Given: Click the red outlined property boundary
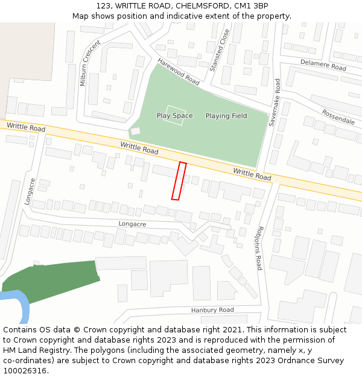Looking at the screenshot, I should (x=179, y=180).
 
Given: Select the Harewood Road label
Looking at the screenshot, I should (x=179, y=71).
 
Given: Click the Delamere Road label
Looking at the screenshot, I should (x=323, y=65).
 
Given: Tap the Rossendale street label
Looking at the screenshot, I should (x=338, y=116).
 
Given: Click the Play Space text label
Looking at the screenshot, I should (x=174, y=116).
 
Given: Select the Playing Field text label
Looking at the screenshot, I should (x=226, y=116).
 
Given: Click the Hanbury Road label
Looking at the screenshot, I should (x=212, y=310).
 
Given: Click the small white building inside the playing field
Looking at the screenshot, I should (x=135, y=131).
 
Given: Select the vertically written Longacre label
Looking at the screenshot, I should (x=30, y=191).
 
